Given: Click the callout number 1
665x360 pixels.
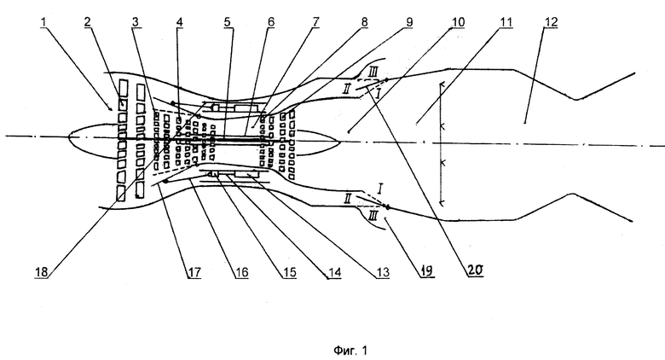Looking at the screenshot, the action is click(43, 22).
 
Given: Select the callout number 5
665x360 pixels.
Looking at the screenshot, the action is click(228, 22).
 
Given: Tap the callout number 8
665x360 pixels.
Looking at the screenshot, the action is click(363, 22).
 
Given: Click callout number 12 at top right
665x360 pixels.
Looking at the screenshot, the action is click(550, 22).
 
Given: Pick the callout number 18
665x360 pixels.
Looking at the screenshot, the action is click(42, 272).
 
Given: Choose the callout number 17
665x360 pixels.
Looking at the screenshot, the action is click(194, 272).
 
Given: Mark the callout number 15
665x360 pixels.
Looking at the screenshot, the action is click(289, 272).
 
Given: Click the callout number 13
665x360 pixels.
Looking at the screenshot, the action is click(383, 272).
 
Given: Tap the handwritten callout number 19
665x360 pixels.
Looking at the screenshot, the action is click(427, 270).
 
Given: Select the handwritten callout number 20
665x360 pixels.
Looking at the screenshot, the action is click(475, 270).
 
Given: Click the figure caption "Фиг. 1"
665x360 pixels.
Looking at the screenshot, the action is click(350, 351).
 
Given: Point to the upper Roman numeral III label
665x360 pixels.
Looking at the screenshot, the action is click(373, 73).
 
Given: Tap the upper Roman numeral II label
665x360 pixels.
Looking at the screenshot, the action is click(346, 89).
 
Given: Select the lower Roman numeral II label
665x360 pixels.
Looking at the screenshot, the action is click(347, 198).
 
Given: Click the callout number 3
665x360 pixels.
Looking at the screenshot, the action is click(136, 22).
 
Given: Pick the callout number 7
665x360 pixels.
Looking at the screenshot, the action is click(315, 22).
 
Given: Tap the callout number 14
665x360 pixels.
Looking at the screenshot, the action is click(334, 272).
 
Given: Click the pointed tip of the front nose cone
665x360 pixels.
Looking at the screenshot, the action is click(69, 136).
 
